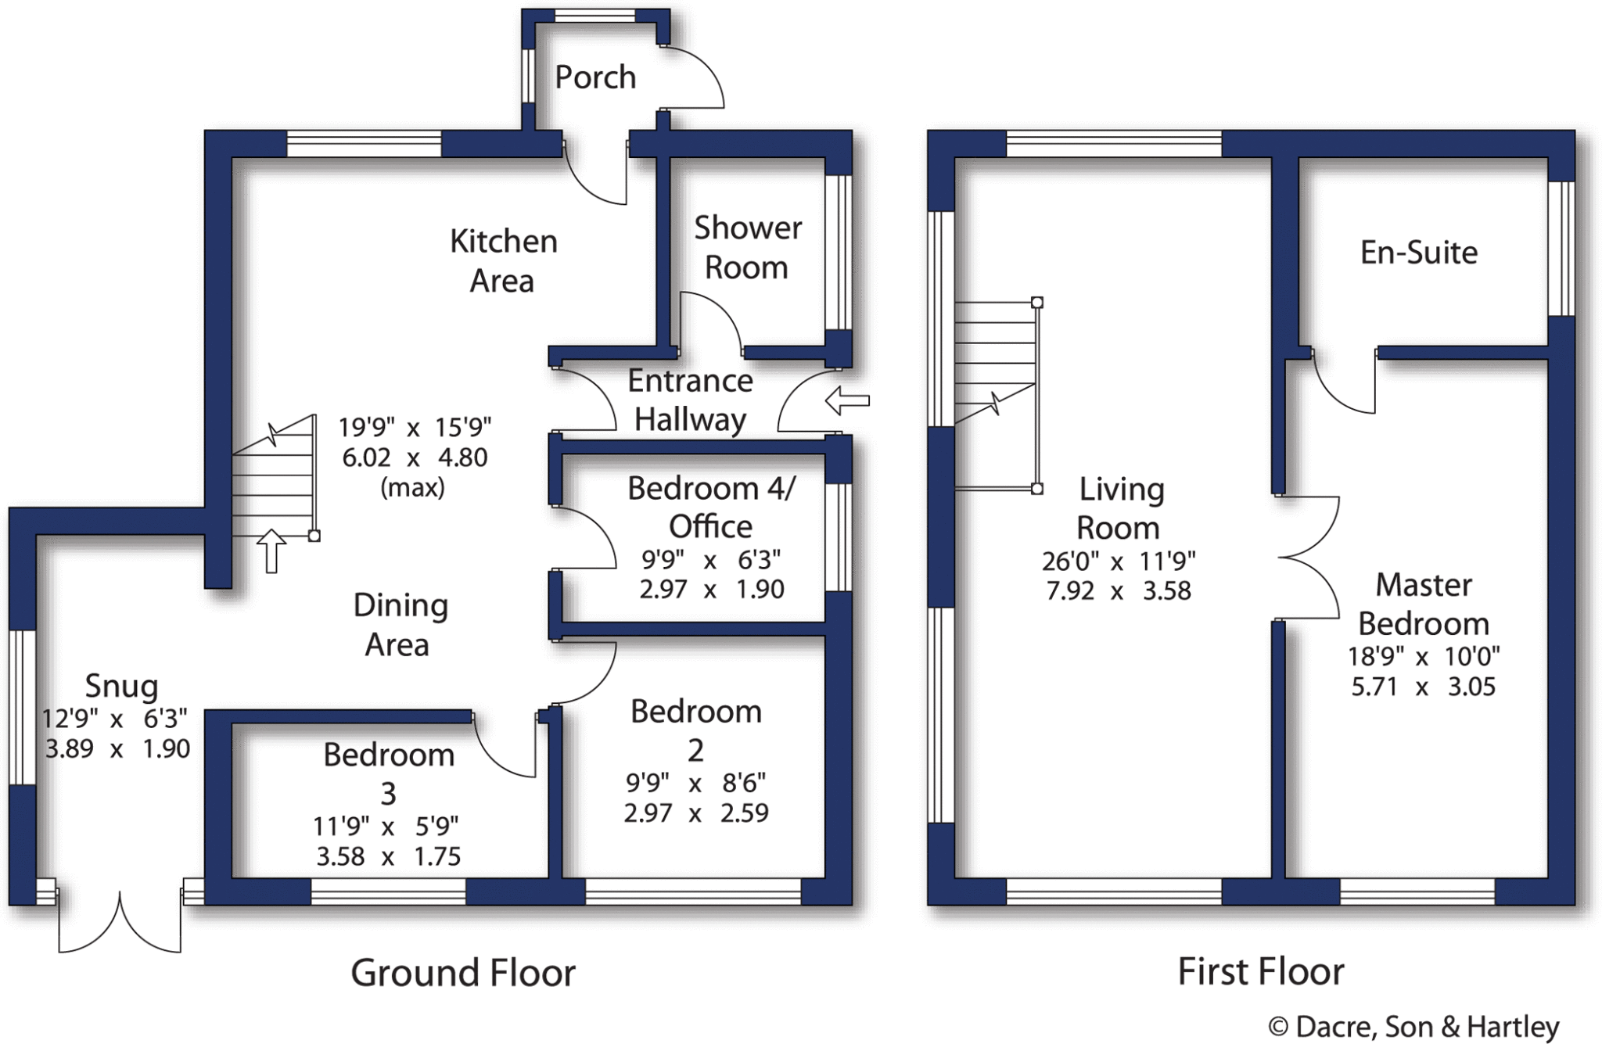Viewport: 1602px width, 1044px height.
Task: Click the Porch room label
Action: coord(595,77)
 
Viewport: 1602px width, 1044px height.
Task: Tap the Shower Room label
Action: coord(748,247)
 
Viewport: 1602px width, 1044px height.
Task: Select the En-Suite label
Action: coord(1419,253)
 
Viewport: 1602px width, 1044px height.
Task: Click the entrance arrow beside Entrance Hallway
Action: coord(847,400)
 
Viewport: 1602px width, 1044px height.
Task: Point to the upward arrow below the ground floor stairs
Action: coord(271,551)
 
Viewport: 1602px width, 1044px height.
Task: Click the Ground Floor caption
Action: coord(463,973)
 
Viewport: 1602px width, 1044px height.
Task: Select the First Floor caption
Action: coord(1261,972)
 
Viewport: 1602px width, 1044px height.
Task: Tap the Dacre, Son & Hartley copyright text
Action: coord(1413,1027)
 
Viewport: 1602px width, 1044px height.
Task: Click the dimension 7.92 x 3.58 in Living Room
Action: coord(1119,590)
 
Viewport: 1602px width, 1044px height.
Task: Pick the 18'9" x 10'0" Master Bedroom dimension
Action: coord(1424,656)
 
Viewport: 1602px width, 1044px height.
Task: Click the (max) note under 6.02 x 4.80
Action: coord(412,488)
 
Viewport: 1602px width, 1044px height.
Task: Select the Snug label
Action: coord(121,686)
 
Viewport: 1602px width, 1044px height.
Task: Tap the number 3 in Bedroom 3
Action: coord(389,794)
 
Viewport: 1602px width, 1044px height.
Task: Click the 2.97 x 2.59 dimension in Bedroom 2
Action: coord(696,813)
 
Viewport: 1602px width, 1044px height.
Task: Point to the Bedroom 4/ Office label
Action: coord(711,507)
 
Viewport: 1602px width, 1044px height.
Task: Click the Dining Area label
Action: coord(400,625)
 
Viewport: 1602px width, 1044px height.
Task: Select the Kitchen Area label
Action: coord(503,260)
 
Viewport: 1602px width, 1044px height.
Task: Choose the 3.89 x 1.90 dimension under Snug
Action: coord(117,748)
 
